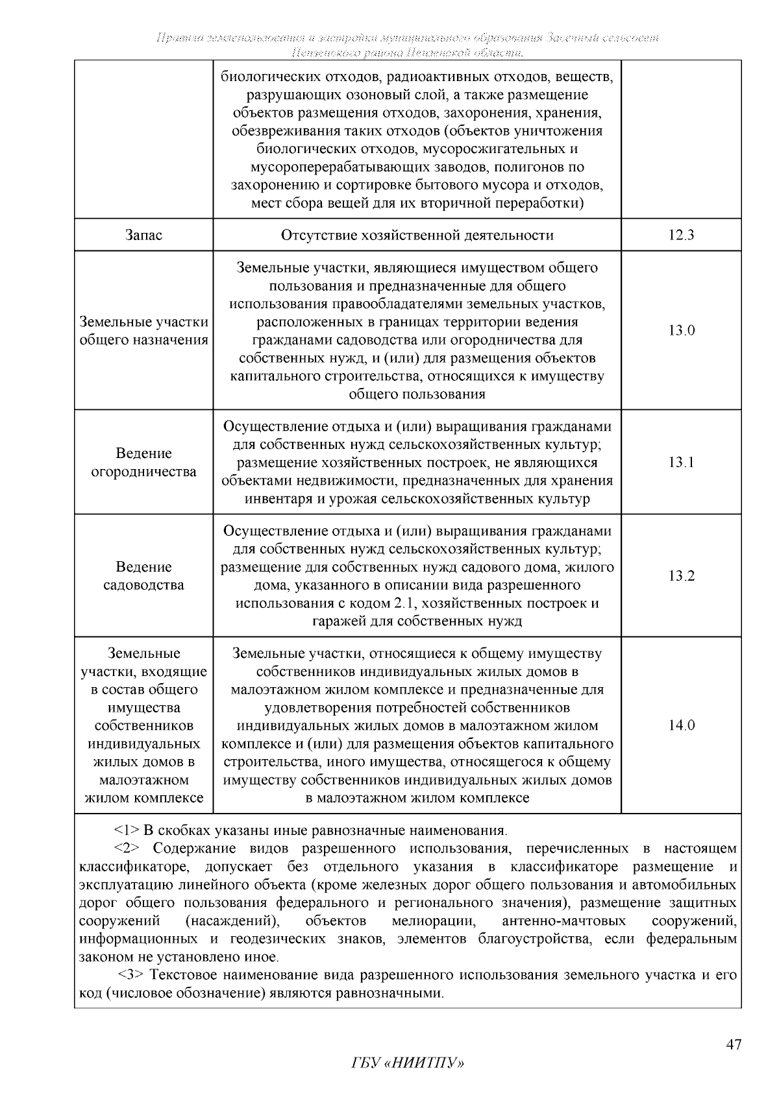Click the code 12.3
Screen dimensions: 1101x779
(681, 235)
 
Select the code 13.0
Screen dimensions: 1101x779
(681, 330)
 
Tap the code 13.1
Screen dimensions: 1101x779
(681, 462)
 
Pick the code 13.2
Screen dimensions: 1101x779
(681, 575)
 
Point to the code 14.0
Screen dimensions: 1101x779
(681, 725)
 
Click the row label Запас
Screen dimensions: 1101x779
(143, 235)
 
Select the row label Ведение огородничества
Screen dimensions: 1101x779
(143, 463)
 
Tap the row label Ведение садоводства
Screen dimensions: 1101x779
(143, 576)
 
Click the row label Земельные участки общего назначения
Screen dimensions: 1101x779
(143, 331)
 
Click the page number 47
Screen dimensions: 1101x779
(733, 1045)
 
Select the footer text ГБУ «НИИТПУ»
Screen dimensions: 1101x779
(408, 1063)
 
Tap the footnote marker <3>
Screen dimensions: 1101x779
(132, 975)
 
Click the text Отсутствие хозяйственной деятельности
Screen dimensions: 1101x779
(417, 235)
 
